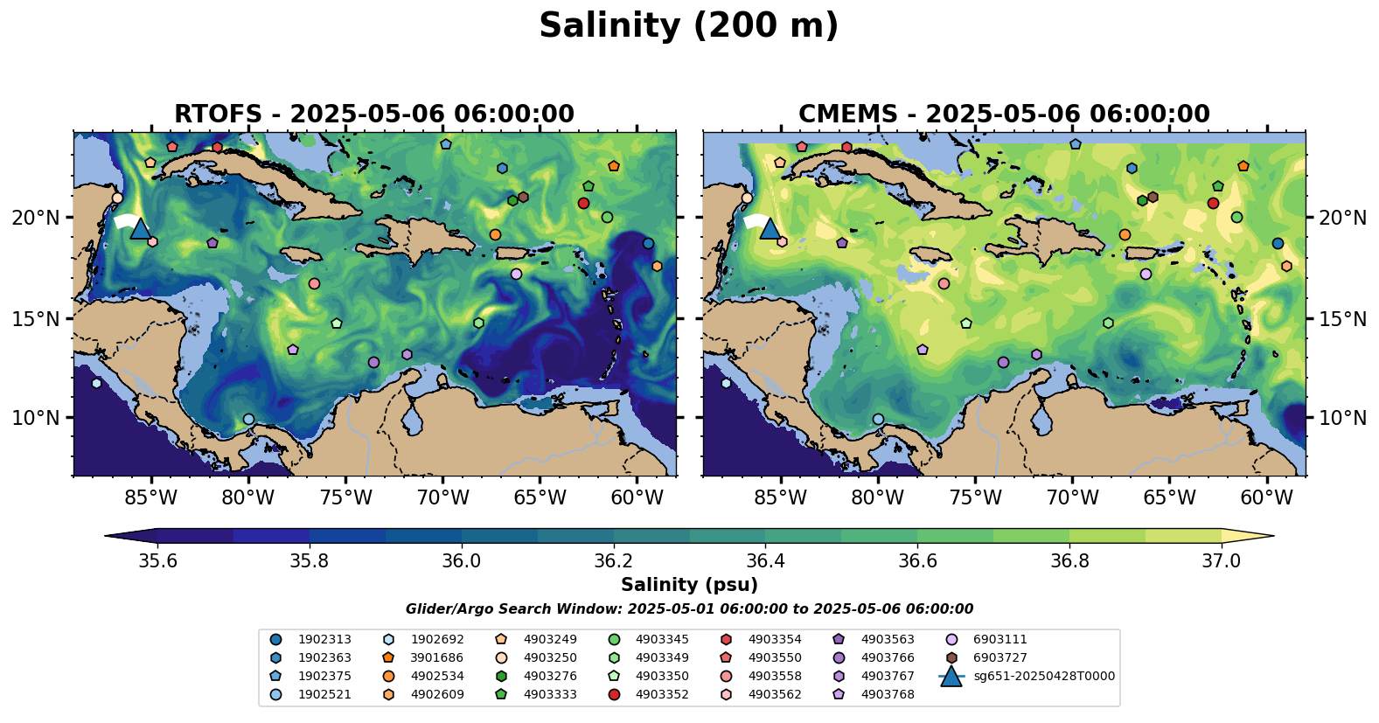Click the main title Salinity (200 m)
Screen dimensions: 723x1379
tap(688, 26)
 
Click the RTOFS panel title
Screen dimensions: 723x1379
tap(374, 115)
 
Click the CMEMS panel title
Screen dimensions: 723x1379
tap(1004, 115)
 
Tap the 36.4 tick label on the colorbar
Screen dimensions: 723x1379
tap(765, 560)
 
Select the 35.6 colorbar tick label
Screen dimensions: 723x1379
tap(158, 560)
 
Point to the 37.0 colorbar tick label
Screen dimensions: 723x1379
tap(1221, 560)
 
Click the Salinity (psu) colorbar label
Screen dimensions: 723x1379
tap(689, 585)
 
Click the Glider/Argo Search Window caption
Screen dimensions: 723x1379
tap(689, 609)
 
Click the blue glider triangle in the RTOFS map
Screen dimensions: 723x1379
tap(140, 229)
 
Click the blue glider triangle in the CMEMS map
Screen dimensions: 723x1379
tap(770, 229)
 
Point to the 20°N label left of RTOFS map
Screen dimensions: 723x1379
tap(36, 218)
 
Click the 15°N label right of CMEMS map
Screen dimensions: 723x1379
tap(1342, 319)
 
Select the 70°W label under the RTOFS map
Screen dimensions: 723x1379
tap(442, 498)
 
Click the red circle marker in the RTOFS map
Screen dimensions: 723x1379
tap(583, 203)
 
